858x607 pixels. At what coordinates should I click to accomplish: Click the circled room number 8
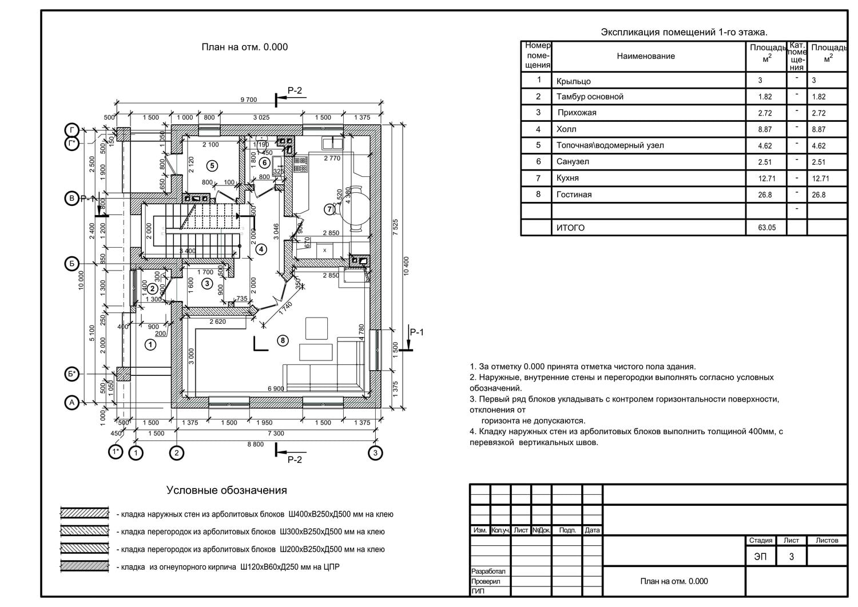tap(283, 341)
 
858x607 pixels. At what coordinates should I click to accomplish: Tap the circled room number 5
tap(212, 166)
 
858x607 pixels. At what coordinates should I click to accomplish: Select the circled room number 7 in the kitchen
tap(329, 209)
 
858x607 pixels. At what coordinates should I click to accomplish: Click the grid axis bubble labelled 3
tap(375, 453)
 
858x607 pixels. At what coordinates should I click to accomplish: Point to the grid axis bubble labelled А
tap(71, 403)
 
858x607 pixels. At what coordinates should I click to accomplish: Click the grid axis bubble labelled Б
tap(71, 264)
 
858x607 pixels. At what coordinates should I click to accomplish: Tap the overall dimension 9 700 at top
tap(248, 100)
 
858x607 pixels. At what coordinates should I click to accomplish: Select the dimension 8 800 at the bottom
tap(255, 444)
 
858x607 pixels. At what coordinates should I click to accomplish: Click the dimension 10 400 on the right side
tap(406, 266)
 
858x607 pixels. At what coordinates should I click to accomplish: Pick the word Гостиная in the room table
tap(574, 195)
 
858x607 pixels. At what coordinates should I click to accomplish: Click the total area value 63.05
tap(766, 228)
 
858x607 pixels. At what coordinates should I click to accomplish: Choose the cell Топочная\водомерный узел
tap(610, 145)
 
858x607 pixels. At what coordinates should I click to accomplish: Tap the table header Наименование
tap(646, 56)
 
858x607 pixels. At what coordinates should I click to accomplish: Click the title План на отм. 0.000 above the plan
tap(244, 47)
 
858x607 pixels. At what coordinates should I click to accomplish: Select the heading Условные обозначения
tap(227, 490)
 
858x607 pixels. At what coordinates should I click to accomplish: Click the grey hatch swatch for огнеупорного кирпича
tap(85, 566)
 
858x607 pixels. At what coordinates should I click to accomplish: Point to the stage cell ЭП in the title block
tap(760, 556)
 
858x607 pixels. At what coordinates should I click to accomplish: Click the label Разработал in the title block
tap(488, 571)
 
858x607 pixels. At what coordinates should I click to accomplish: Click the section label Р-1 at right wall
tap(417, 332)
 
